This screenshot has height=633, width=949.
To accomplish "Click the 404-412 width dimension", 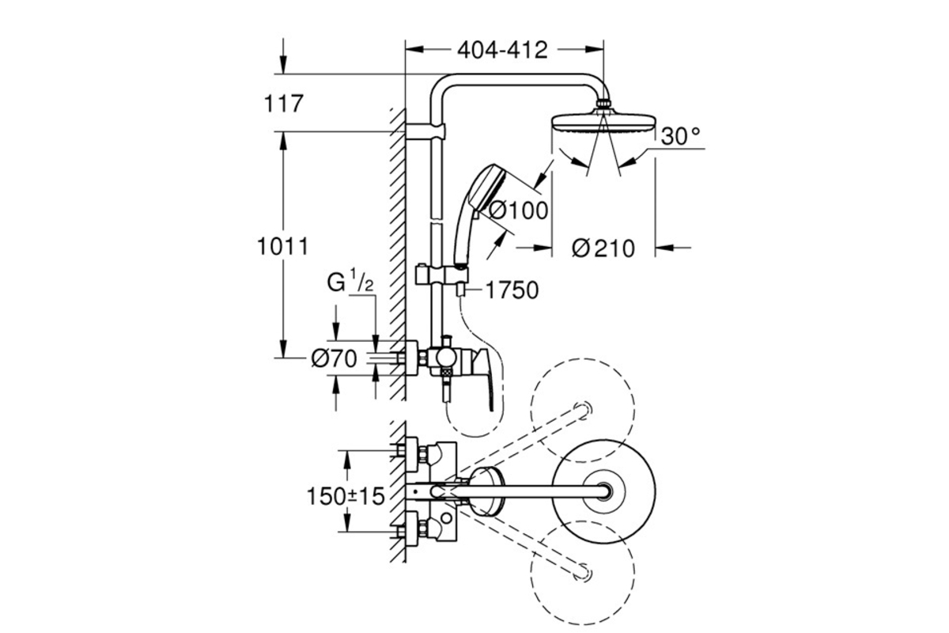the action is pos(502,51).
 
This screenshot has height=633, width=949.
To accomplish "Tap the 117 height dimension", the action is pos(283,104).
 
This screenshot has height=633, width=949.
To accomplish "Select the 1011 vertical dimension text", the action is pos(283,246).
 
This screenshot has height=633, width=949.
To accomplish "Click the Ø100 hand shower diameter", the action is pos(518,210).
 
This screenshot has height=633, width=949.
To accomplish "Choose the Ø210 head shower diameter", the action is pos(603,248).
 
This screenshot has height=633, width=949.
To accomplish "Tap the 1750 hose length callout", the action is pos(512,290).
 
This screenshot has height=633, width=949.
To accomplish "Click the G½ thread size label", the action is pos(350,282).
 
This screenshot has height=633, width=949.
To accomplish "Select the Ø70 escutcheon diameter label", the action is pos(334,359).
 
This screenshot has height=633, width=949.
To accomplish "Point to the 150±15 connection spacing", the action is pos(346,496).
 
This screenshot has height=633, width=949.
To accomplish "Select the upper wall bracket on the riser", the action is pos(425,131).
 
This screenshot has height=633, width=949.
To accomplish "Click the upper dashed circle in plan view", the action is pos(583,411).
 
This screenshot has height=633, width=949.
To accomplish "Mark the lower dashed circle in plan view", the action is pos(583,573).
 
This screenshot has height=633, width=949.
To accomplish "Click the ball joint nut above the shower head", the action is pos(603,104).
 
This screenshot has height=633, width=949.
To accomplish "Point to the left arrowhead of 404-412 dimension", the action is pos(414,50).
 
